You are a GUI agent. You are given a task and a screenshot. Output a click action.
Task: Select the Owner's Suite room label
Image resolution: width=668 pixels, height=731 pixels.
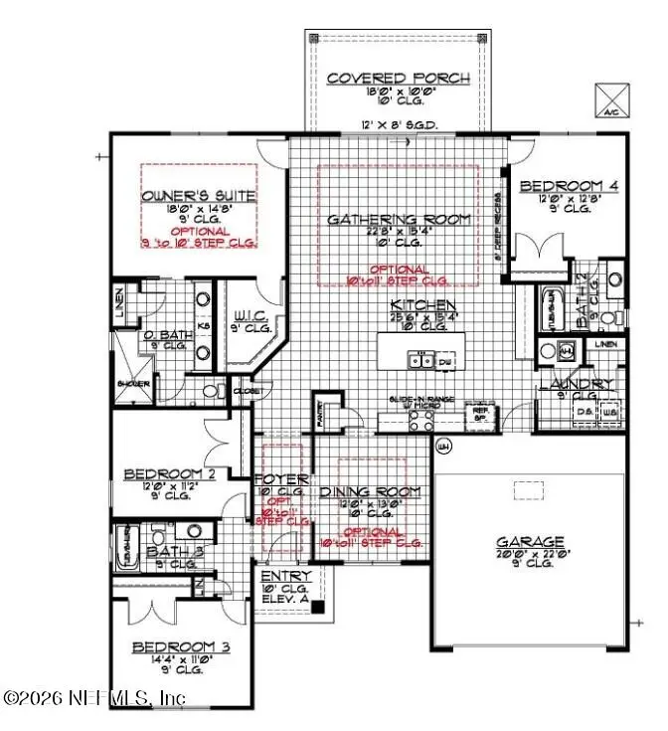tap(200, 196)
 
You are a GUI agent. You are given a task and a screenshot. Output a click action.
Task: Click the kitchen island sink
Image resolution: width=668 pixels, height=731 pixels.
tap(424, 361)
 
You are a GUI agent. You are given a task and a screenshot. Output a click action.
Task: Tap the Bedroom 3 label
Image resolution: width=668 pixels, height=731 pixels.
tap(182, 647)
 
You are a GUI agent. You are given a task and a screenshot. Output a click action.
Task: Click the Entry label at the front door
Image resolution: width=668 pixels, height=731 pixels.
tap(285, 577)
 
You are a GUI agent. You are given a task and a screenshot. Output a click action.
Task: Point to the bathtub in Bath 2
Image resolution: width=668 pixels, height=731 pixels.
tap(550, 307)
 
